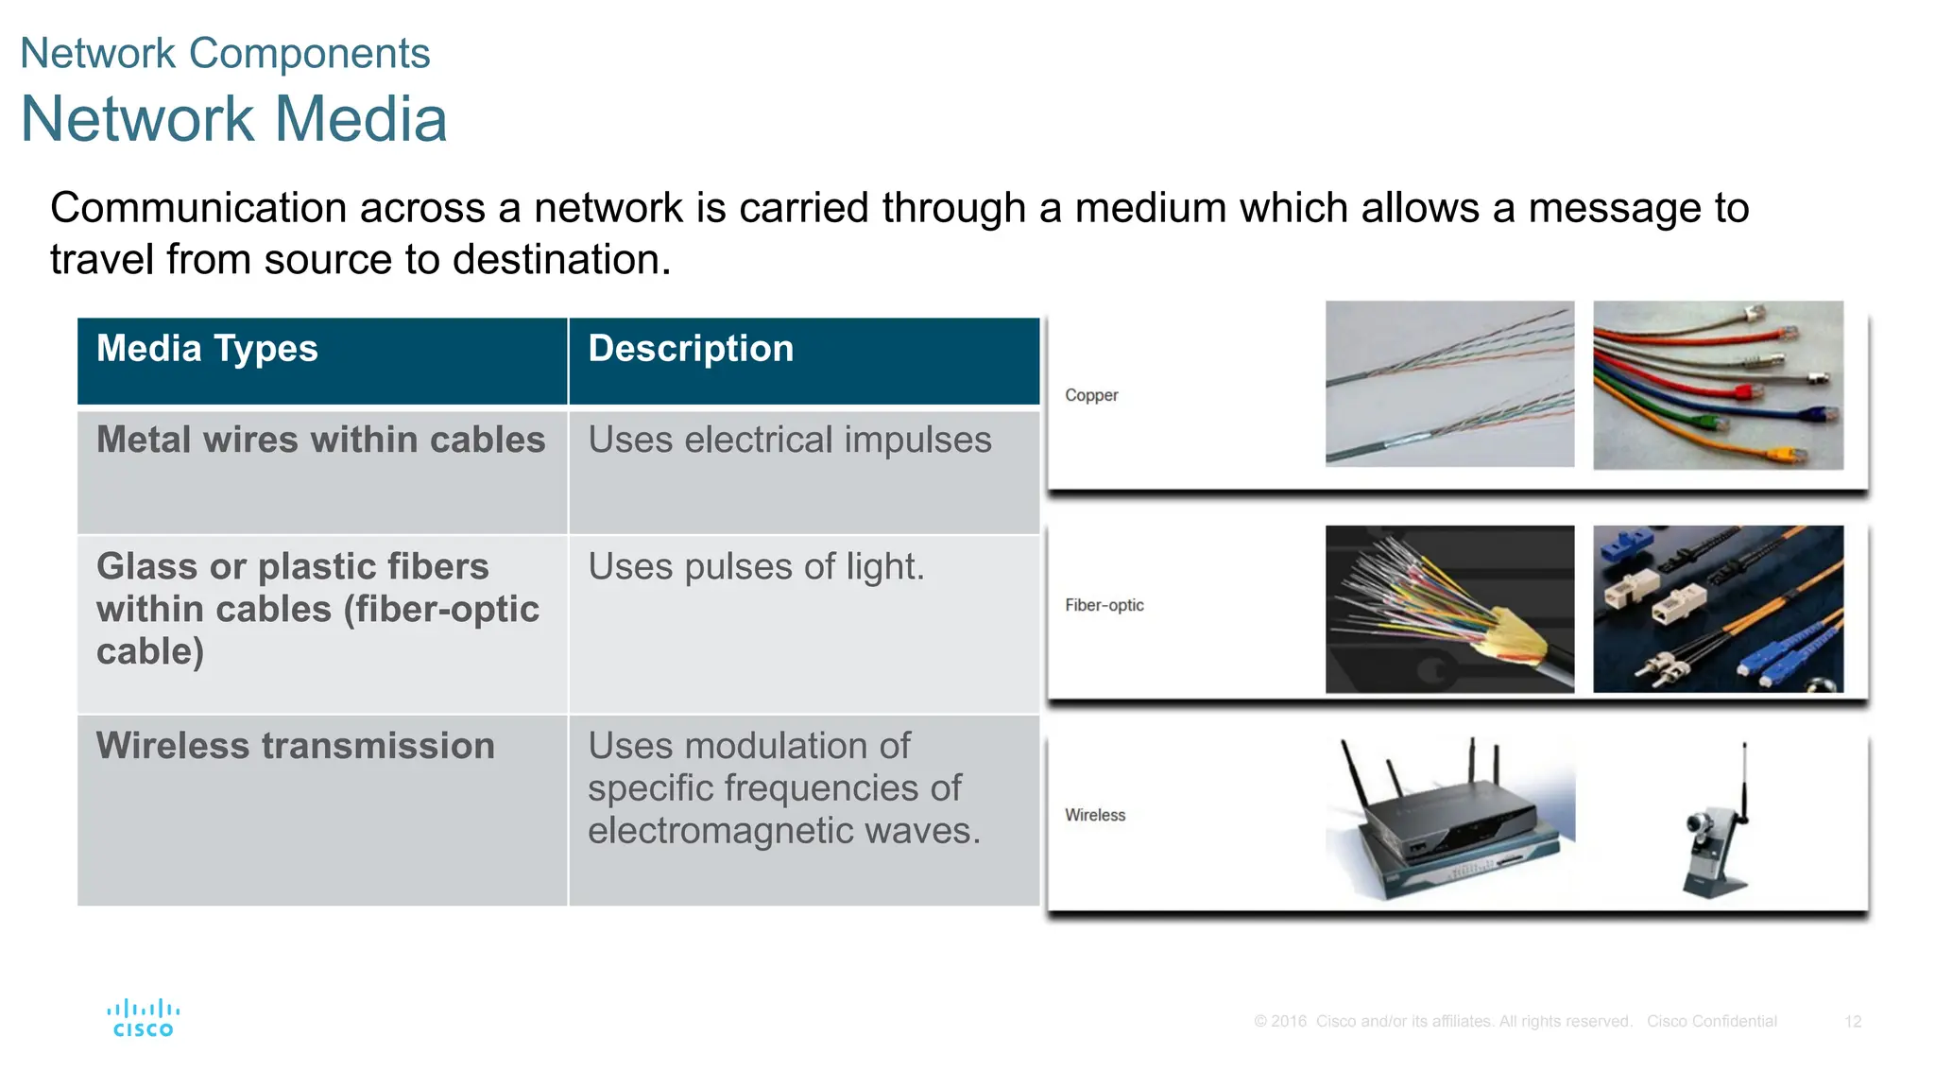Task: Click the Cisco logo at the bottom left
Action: (143, 1018)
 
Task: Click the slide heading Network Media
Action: (233, 119)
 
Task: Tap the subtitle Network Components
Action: (225, 53)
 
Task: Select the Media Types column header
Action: (207, 349)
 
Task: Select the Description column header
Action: (691, 349)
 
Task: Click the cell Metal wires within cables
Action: (320, 441)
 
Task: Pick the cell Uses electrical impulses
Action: (789, 441)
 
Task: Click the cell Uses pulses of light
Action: (756, 567)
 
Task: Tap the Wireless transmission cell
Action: (295, 746)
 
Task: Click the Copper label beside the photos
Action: (1090, 395)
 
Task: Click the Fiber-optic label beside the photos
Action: (1104, 605)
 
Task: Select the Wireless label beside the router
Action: (1095, 815)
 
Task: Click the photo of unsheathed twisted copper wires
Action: (1449, 384)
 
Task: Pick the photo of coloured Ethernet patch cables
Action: (1718, 385)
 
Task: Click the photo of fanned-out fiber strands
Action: (1449, 609)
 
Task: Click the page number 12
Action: (1852, 1022)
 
